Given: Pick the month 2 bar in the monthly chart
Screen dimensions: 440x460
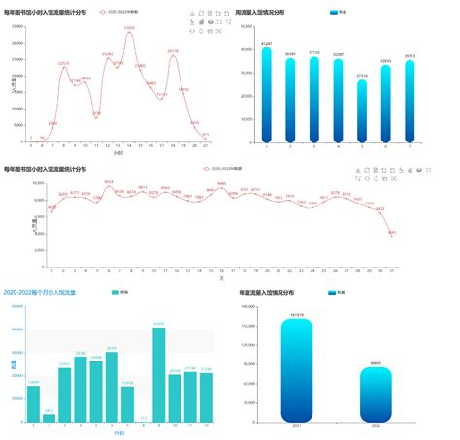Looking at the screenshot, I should pyautogui.click(x=49, y=417).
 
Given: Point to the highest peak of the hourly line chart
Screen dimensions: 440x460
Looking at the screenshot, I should pyautogui.click(x=129, y=31).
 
